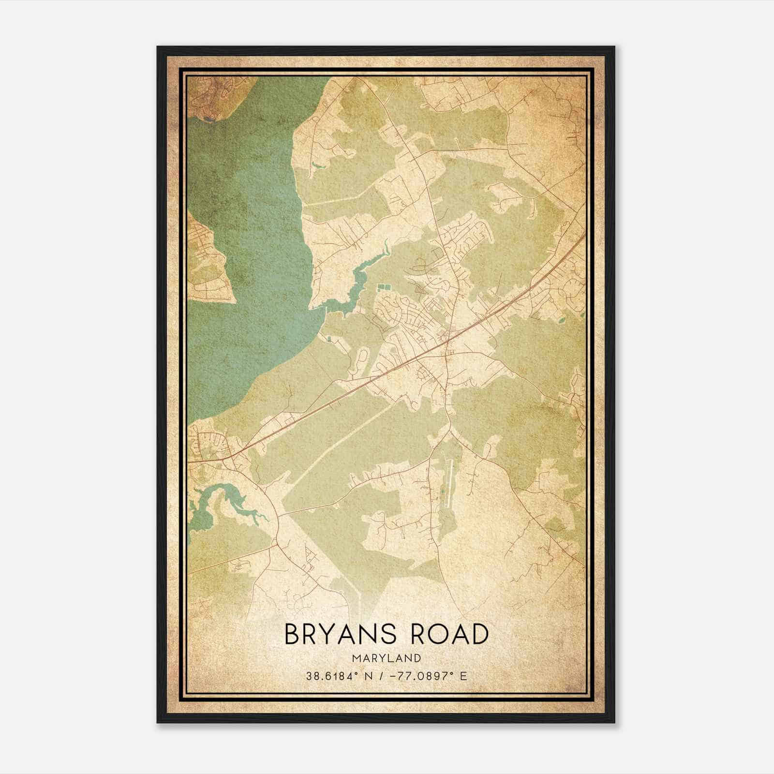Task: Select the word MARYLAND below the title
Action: pyautogui.click(x=386, y=658)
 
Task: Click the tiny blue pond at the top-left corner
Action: pyautogui.click(x=208, y=118)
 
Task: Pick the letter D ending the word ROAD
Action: pyautogui.click(x=478, y=634)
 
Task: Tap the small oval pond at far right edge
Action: pyautogui.click(x=561, y=319)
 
